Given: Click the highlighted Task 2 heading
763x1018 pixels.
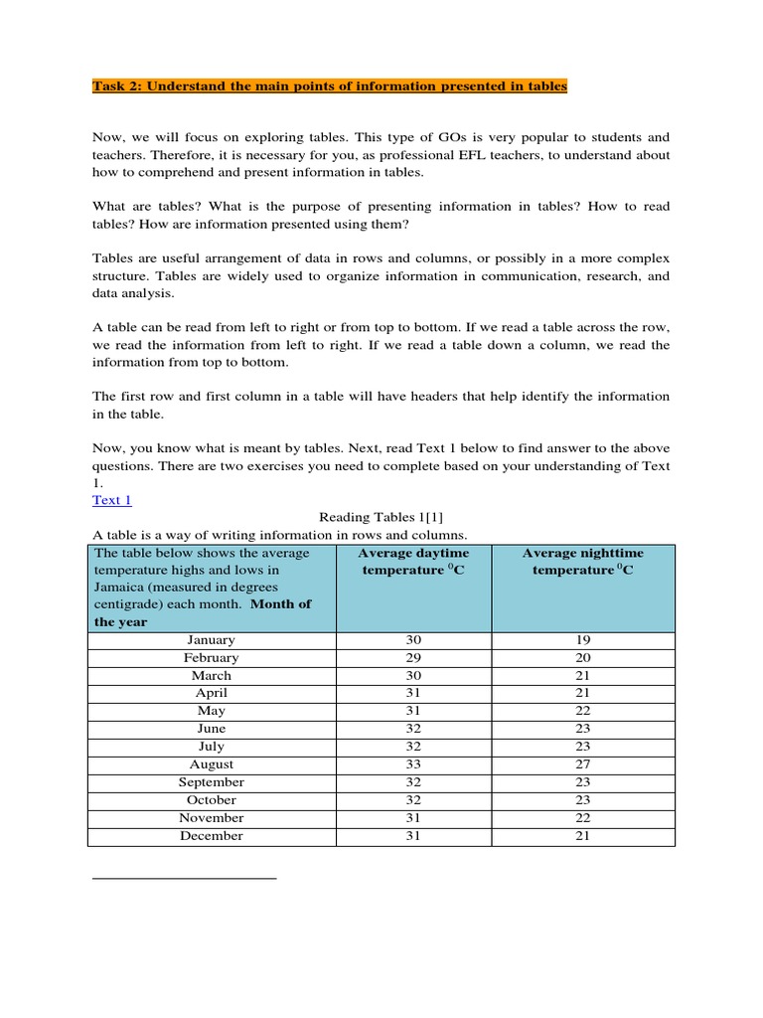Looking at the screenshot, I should [329, 86].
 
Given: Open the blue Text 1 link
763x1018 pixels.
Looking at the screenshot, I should [111, 500].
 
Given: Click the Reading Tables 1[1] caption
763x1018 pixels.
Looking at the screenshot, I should [374, 517].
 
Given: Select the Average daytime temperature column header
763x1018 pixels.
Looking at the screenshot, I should [413, 562].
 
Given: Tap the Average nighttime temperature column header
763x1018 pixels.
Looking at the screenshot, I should [582, 562].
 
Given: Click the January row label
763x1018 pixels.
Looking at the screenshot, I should [211, 640].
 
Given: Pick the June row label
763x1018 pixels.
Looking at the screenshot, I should [211, 729].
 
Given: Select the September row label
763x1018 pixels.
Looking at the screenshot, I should [211, 782].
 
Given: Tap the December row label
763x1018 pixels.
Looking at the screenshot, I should [211, 836].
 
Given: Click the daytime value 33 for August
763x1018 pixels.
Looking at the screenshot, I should [413, 764].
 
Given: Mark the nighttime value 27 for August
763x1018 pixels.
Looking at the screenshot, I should [582, 764].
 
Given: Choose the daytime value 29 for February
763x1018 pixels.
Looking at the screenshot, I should [413, 658].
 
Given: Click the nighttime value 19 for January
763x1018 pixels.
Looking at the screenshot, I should [582, 640].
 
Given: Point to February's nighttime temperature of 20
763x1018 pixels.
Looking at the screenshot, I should [582, 658].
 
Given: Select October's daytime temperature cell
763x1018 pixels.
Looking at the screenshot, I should [413, 800].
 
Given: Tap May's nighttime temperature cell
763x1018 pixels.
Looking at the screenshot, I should [582, 711].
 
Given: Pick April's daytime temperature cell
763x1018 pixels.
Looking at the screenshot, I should [413, 693].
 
